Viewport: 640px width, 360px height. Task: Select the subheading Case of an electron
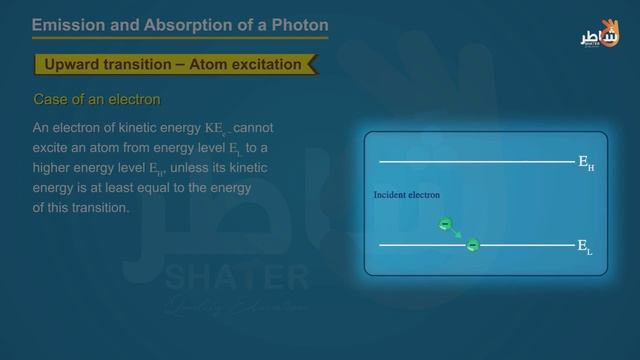tap(97, 100)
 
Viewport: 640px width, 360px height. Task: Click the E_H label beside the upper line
tap(586, 162)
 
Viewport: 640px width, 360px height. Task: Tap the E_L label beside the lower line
tap(585, 246)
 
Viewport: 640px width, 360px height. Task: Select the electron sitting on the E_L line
tap(473, 244)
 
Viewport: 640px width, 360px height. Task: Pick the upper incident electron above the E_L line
tap(445, 224)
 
